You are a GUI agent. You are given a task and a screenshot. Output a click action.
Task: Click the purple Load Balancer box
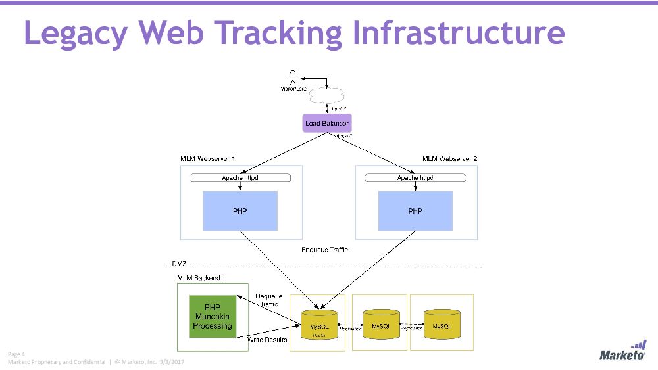326,123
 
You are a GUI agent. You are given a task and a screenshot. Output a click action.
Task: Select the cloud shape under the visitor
326,94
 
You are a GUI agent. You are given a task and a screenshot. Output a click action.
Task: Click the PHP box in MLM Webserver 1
240,211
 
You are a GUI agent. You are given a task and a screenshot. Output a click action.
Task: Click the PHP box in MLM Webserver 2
415,211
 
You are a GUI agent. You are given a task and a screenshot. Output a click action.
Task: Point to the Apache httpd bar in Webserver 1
240,178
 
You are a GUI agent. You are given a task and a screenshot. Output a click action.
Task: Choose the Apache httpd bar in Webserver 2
415,178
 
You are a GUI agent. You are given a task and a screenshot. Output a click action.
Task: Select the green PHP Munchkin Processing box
213,317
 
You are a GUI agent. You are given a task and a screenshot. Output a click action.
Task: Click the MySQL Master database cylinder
319,324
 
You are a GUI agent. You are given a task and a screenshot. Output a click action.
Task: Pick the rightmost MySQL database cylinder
441,324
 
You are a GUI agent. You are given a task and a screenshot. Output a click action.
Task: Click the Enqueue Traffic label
324,250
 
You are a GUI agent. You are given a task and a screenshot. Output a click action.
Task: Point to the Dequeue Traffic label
268,300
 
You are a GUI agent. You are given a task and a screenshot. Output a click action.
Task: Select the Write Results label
267,340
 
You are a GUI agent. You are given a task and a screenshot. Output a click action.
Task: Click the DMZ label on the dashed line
179,264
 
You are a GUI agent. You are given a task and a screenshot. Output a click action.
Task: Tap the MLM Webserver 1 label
208,159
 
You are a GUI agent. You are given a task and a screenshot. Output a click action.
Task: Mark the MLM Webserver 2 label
450,159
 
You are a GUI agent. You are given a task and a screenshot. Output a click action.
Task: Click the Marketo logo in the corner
622,351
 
